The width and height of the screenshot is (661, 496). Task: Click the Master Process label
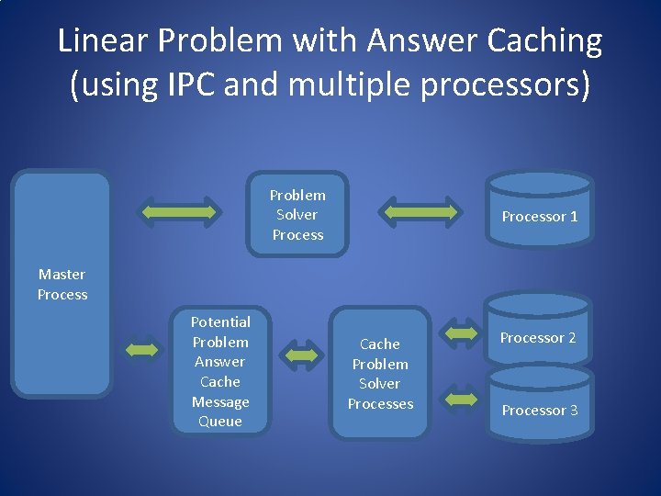62,284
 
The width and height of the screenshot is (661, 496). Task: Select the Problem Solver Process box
297,215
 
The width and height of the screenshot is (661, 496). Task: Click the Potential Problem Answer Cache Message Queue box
220,371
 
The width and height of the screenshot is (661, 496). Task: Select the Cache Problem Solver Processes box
380,373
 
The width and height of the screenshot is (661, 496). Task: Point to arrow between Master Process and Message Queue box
141,350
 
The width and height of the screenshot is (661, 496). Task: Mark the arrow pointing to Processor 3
461,399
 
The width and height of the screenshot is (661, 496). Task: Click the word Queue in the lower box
220,422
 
